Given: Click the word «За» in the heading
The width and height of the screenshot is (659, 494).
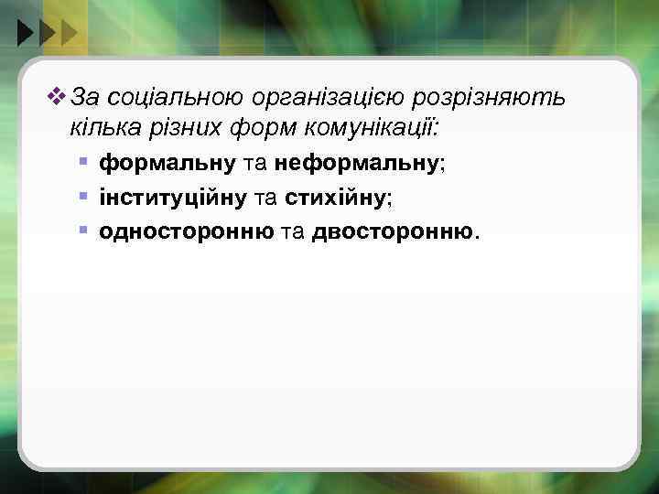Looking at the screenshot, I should click(84, 97).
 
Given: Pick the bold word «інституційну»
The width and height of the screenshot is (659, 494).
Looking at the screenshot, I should click(173, 198).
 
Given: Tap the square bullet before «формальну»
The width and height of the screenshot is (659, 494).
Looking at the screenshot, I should click(83, 162).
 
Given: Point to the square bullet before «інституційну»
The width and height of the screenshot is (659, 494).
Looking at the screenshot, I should click(83, 196).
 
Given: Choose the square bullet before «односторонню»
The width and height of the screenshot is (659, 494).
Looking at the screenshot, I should click(83, 230).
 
